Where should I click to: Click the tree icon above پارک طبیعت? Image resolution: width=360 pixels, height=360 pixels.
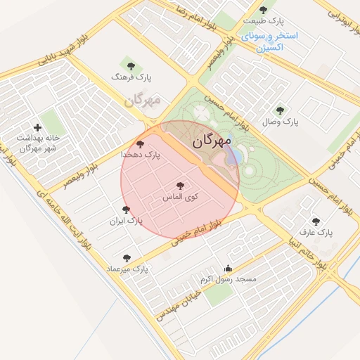point(263,10)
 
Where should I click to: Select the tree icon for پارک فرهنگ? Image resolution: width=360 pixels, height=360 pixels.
point(127,67)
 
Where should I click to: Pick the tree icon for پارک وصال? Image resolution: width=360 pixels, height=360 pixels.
point(281,110)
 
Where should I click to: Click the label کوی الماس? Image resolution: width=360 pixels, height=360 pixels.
point(181,198)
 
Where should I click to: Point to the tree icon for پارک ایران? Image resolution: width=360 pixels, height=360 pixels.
point(126,210)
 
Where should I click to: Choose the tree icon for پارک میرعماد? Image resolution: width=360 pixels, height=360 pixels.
point(127,258)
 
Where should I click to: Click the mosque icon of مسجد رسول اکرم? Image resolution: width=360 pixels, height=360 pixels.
point(227,269)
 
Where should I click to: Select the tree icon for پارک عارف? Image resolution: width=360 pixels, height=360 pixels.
point(315,221)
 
